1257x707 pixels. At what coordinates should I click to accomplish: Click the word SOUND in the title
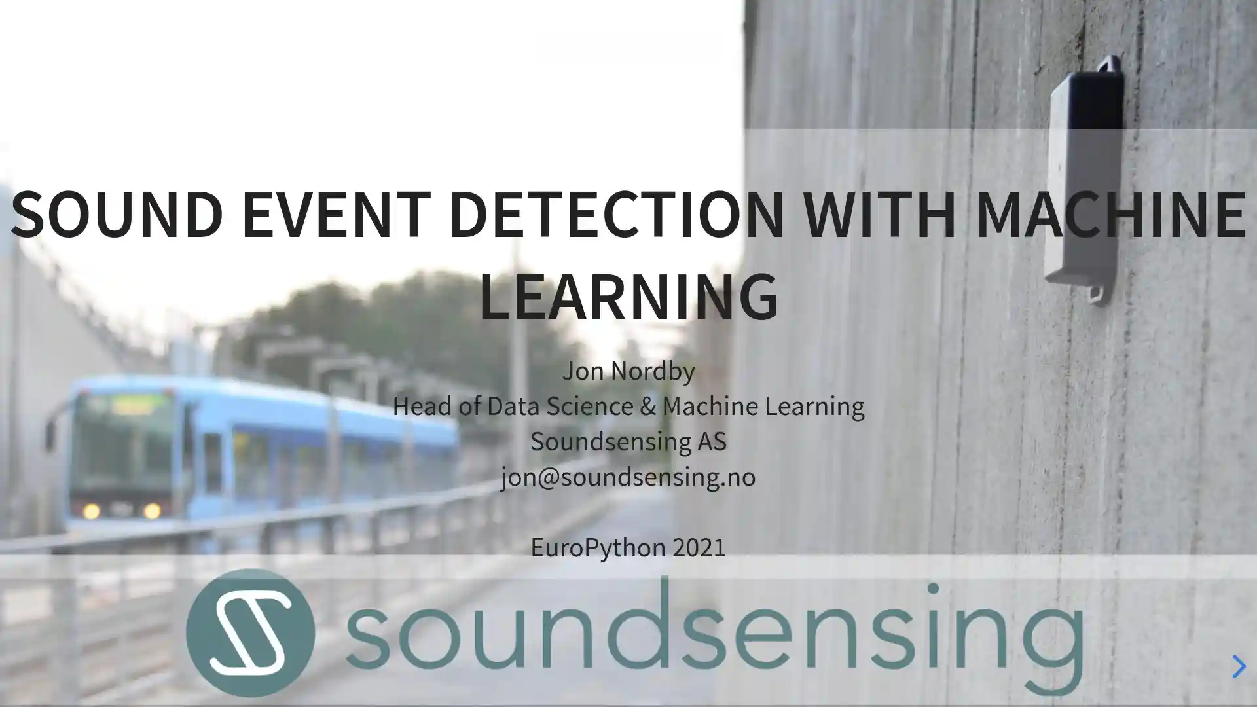point(117,215)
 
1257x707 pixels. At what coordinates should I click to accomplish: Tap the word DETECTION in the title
point(616,215)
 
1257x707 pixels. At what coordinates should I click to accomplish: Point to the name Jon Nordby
point(628,371)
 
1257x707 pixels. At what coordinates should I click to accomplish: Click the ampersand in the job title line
point(647,407)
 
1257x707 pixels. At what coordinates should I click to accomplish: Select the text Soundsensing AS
point(628,442)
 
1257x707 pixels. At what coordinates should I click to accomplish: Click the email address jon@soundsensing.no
point(628,477)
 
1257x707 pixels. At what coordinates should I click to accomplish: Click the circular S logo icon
point(250,632)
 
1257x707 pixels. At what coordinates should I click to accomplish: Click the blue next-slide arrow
point(1238,666)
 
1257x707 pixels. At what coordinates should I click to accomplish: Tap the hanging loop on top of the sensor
point(1108,65)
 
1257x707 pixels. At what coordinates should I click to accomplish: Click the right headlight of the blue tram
point(152,511)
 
